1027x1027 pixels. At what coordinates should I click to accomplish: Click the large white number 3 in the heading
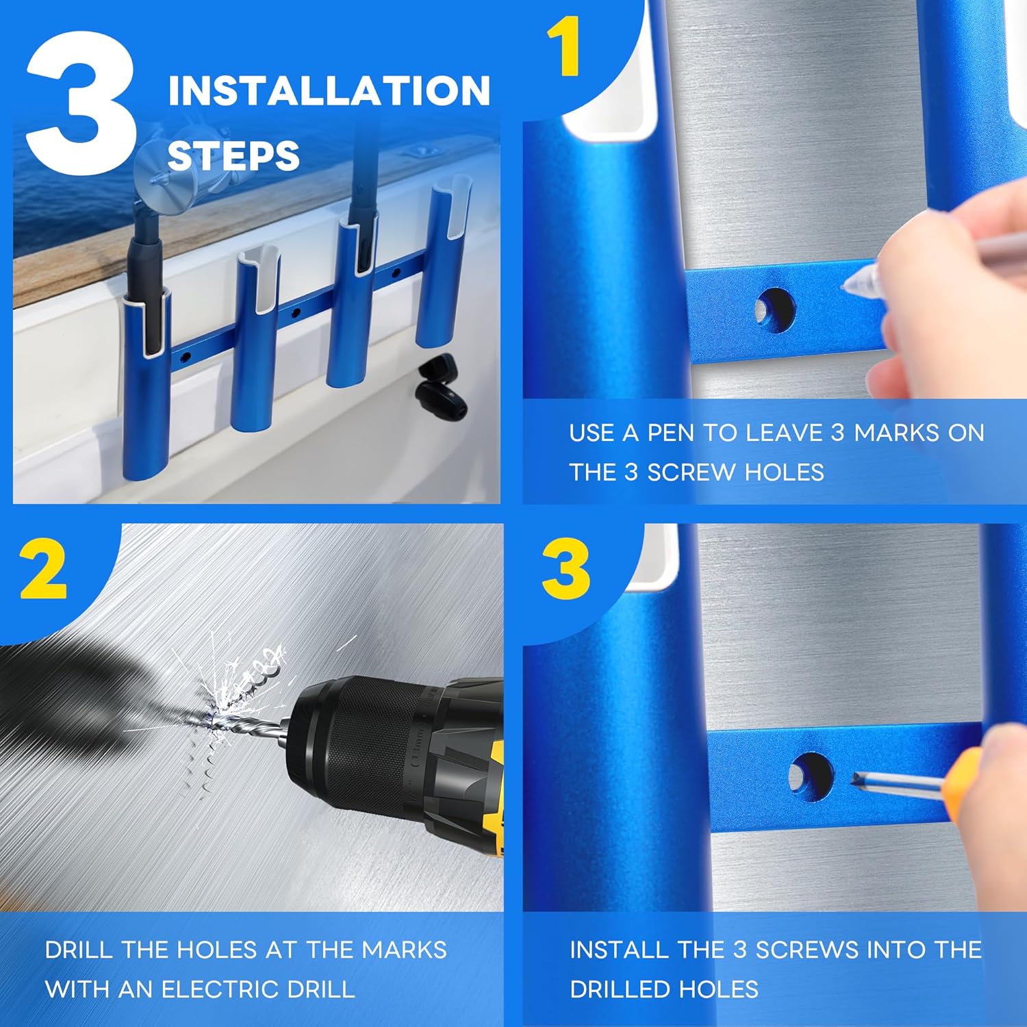[x=81, y=103]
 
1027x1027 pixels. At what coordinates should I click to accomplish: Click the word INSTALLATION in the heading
[x=329, y=91]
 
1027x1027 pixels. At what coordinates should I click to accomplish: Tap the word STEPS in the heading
[x=233, y=156]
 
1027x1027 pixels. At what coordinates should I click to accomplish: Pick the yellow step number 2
[x=44, y=568]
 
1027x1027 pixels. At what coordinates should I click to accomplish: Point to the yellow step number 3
[x=566, y=569]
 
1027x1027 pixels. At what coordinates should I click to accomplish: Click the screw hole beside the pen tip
[x=776, y=310]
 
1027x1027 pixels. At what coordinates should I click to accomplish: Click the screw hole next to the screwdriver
[x=811, y=778]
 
